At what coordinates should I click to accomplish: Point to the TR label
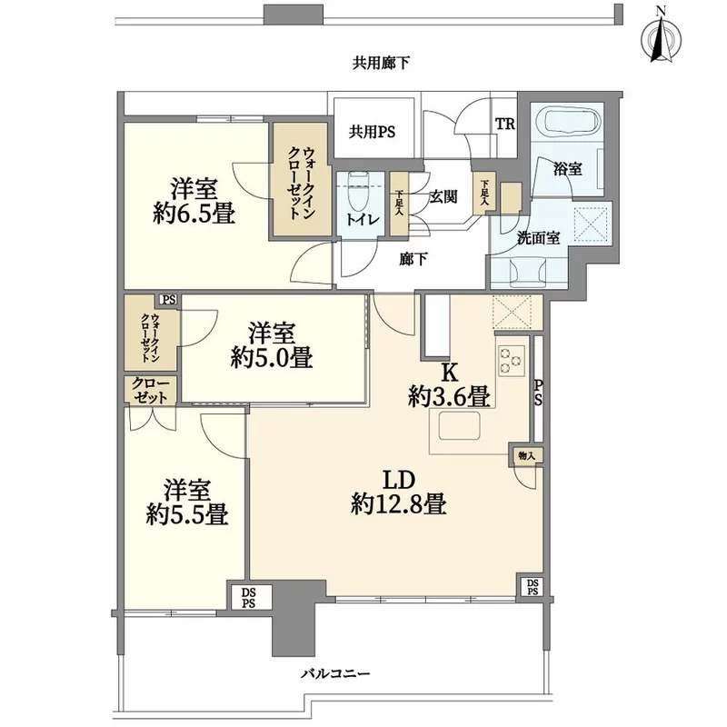pyautogui.click(x=504, y=125)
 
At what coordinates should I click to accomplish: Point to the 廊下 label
pyautogui.click(x=413, y=258)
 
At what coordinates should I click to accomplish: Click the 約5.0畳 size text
pyautogui.click(x=271, y=357)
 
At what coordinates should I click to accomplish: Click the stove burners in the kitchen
pyautogui.click(x=511, y=361)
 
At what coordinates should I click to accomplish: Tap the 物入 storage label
pyautogui.click(x=525, y=453)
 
